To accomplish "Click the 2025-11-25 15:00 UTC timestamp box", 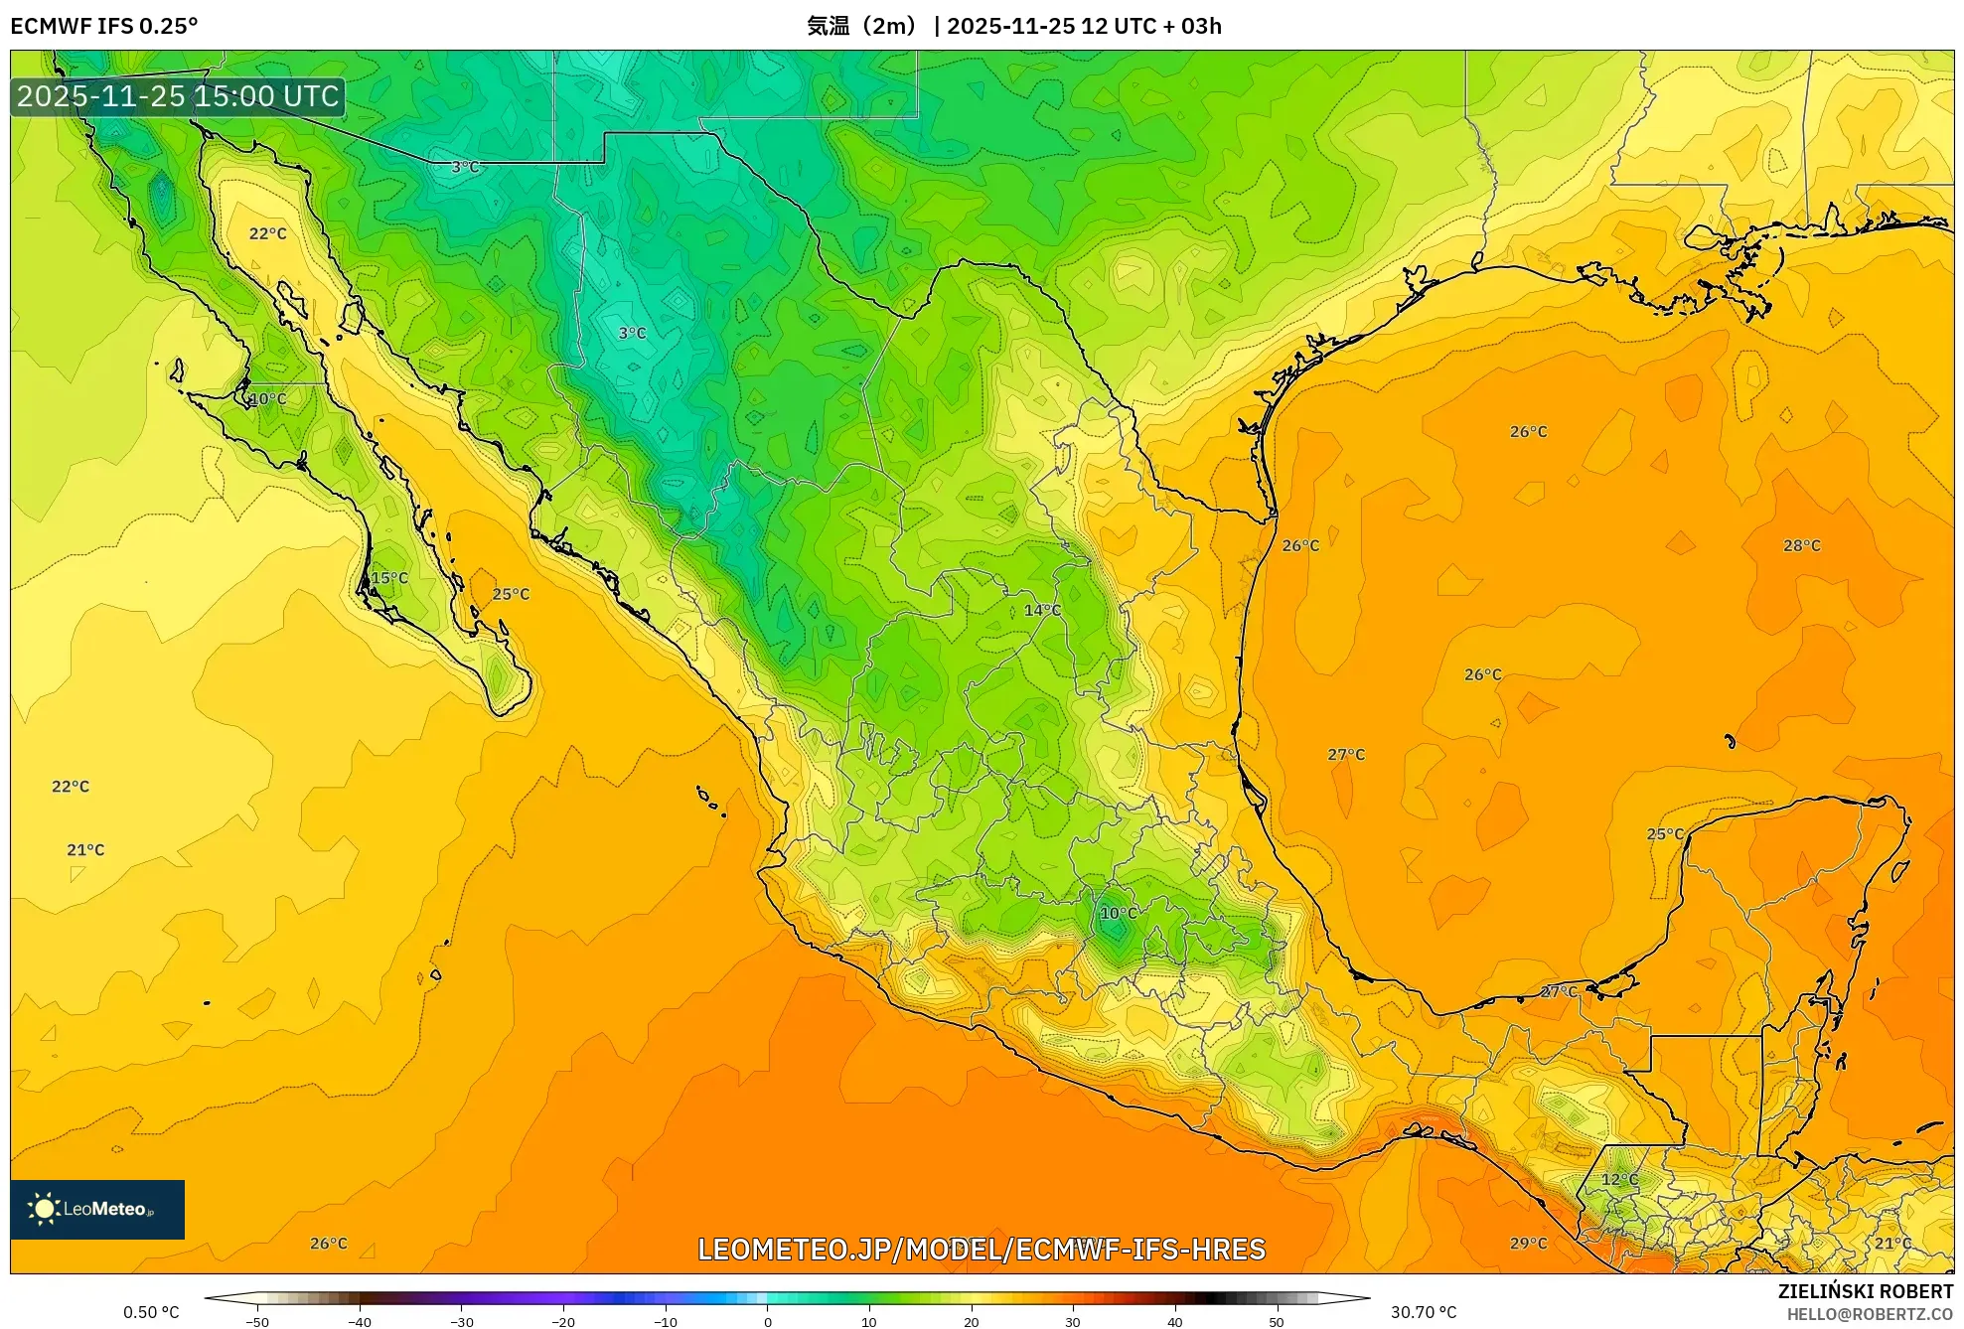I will [179, 96].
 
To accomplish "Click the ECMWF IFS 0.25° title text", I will [104, 26].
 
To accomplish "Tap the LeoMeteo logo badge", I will [97, 1209].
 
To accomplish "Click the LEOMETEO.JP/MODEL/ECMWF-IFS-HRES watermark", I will [982, 1250].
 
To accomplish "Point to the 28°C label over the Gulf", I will [1801, 545].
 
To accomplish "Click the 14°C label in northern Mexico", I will [1042, 610].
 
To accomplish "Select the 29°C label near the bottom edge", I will [1528, 1243].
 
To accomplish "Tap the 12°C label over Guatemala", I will [1619, 1179].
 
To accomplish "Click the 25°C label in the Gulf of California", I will [511, 594].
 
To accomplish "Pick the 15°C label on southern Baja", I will [389, 578].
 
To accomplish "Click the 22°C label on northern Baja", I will [267, 233].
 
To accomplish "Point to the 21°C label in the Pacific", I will [85, 849].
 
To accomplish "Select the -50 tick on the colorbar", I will [257, 1321].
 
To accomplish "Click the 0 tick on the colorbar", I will [767, 1321].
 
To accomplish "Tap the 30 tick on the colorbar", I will [1072, 1321].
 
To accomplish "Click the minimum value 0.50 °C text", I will [151, 1312].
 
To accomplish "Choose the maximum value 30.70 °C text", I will [1423, 1312].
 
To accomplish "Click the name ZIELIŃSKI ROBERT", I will [1865, 1291].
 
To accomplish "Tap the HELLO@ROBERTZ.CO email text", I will [1869, 1314].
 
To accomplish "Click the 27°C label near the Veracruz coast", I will [1346, 755].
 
